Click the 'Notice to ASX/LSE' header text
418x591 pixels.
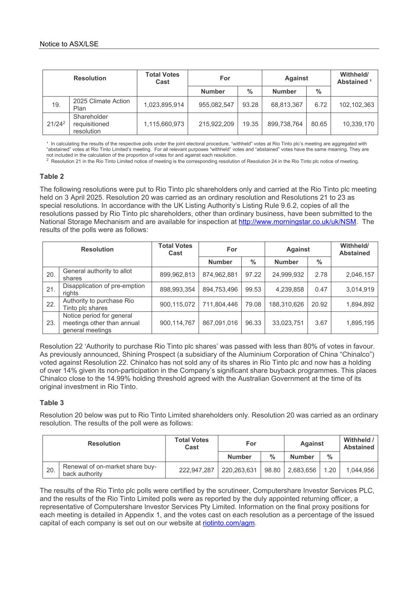point(69,44)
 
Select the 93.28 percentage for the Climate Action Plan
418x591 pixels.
point(250,105)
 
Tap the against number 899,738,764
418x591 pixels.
point(285,124)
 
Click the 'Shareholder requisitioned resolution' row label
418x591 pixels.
point(91,124)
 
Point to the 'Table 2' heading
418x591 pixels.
point(52,176)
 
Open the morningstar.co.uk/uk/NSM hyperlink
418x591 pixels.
point(297,222)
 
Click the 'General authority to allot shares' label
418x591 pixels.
point(97,275)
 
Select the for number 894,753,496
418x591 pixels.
point(220,289)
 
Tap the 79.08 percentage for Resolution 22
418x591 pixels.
point(253,304)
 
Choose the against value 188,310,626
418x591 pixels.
point(286,304)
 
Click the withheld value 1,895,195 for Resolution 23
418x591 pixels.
point(360,323)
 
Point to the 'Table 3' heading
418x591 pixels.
point(52,403)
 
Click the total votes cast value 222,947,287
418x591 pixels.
point(196,470)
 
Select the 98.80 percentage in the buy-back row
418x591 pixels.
point(272,470)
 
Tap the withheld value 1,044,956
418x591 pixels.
point(360,470)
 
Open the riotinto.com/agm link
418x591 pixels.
point(229,523)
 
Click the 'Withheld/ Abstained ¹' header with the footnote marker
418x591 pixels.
point(354,78)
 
